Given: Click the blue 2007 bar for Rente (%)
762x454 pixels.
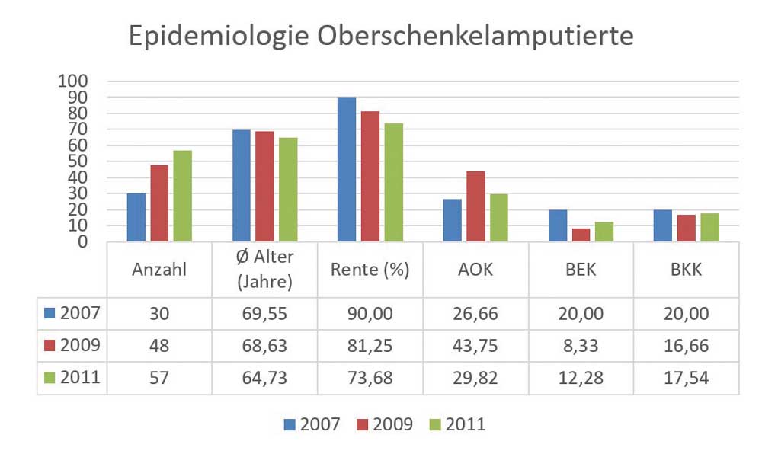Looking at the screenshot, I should [x=347, y=169].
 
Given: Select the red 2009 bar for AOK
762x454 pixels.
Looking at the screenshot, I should [x=475, y=206].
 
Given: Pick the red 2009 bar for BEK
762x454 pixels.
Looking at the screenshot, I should [x=581, y=235].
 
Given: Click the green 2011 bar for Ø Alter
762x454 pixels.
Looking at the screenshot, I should [x=288, y=190].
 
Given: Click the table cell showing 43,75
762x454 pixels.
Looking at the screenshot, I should [x=475, y=346].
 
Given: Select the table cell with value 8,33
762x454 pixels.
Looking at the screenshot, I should [x=581, y=346].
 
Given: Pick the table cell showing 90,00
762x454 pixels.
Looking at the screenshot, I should [x=370, y=313].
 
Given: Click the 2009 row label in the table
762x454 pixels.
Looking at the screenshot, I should [x=72, y=346].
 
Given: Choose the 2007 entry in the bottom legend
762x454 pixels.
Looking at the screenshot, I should [x=312, y=424].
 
